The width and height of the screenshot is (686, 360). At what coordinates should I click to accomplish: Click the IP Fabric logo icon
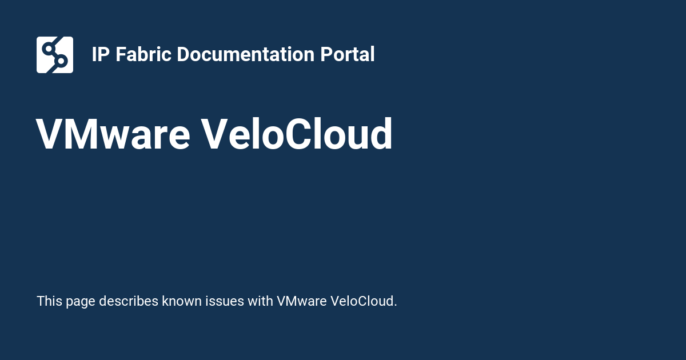click(x=55, y=55)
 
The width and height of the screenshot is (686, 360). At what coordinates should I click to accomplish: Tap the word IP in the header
click(x=101, y=55)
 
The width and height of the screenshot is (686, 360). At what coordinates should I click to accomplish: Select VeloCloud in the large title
click(x=297, y=135)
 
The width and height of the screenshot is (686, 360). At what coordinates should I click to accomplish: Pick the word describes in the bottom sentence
click(x=129, y=301)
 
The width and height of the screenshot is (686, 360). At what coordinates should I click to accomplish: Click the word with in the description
click(x=260, y=301)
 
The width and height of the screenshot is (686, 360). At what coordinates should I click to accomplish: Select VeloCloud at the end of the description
click(x=364, y=301)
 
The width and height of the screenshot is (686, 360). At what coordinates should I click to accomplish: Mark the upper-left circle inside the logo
click(x=48, y=48)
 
